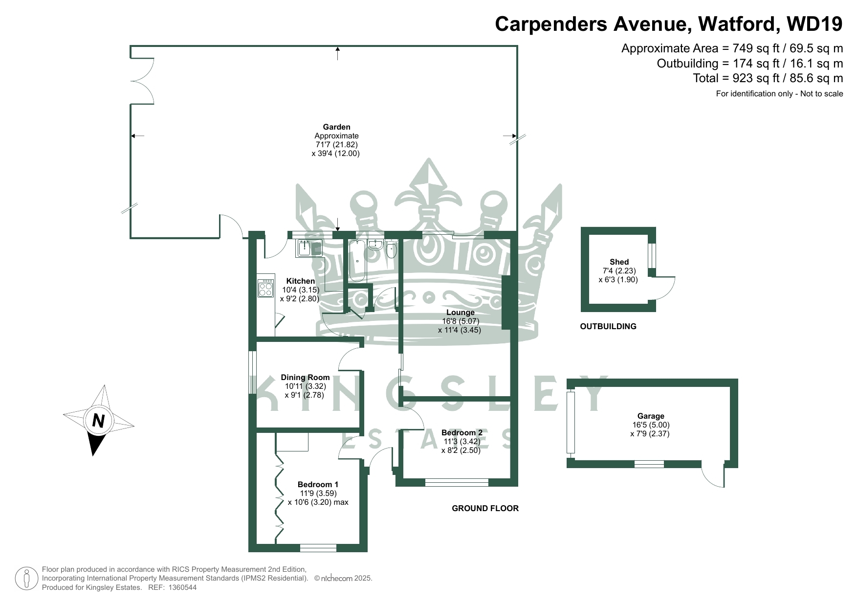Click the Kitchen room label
pos(301,281)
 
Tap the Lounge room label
pos(460,312)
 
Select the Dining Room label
pos(305,377)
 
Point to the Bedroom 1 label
pos(318,485)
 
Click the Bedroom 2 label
pos(462,433)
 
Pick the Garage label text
pos(651,416)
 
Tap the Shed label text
pos(619,262)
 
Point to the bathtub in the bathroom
pos(357,261)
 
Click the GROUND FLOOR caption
pos(485,509)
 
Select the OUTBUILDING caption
pos(608,326)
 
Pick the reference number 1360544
pos(182,587)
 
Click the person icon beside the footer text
pos(27,578)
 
